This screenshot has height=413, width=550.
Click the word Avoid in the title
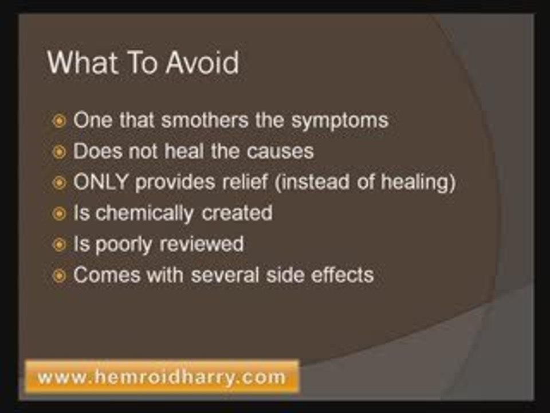[x=202, y=62]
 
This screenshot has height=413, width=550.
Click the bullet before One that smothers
[x=59, y=121]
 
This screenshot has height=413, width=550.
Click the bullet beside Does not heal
[x=59, y=152]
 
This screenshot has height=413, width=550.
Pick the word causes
[x=280, y=151]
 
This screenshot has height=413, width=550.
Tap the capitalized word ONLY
[x=100, y=182]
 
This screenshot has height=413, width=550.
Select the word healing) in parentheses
[x=418, y=182]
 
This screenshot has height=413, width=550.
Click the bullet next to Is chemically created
[x=59, y=213]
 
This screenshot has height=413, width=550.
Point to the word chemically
[x=144, y=213]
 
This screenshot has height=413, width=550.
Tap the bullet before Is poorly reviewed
[x=59, y=244]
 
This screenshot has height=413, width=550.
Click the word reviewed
[x=202, y=244]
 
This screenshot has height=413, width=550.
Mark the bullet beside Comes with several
[x=59, y=276]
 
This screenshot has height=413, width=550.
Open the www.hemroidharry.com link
[x=162, y=377]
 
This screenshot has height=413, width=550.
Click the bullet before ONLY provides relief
[x=59, y=183]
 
